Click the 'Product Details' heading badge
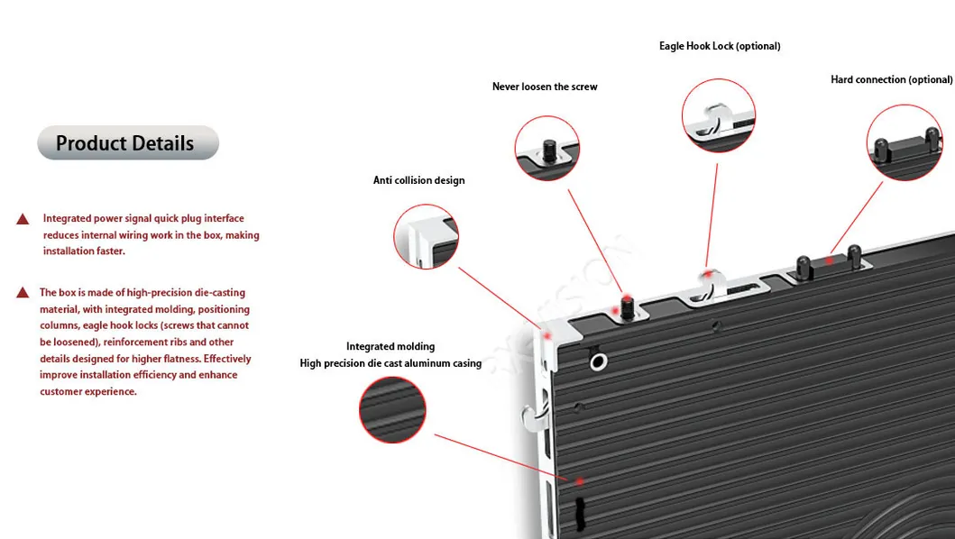(127, 143)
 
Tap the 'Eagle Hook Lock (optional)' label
(719, 46)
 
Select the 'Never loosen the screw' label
(545, 87)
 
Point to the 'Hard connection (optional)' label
(891, 80)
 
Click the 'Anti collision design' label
(419, 181)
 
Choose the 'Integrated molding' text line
(390, 347)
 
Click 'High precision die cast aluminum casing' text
(390, 364)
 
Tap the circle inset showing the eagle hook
(718, 115)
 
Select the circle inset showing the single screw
(546, 149)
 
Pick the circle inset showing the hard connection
(904, 142)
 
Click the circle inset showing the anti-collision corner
(427, 236)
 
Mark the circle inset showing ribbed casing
(392, 410)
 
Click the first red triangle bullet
(23, 219)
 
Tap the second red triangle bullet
(23, 293)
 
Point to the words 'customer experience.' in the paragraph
(88, 392)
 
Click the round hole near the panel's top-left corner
(597, 362)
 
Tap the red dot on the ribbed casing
(580, 481)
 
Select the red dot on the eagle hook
(710, 272)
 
